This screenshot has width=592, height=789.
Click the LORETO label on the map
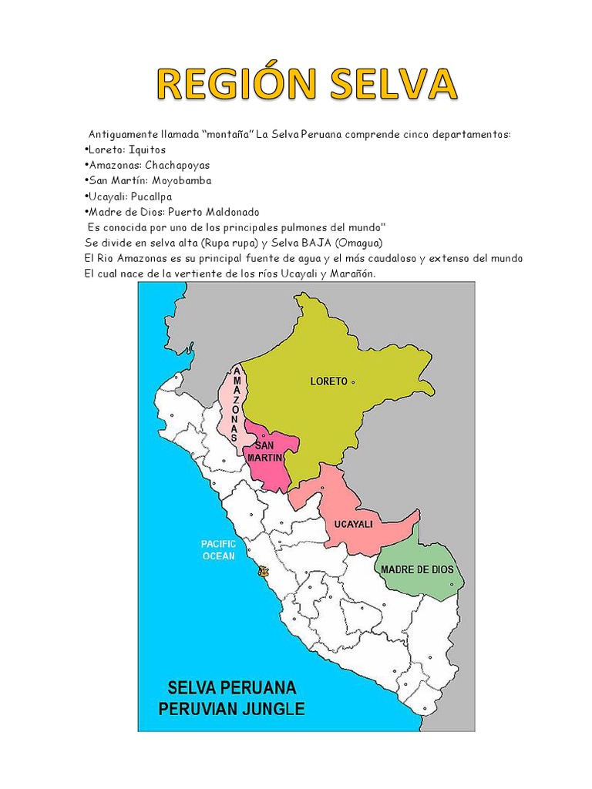328,381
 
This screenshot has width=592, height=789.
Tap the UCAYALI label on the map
353,524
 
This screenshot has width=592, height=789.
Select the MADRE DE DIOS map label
417,569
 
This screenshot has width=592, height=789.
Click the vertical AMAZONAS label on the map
234,405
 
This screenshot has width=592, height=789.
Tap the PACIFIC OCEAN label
219,549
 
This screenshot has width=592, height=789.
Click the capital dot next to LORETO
353,381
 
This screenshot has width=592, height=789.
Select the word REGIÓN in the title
232,84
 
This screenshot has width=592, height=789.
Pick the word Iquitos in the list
146,149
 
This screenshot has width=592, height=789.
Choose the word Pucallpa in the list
156,196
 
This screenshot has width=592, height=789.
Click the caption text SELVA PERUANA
231,687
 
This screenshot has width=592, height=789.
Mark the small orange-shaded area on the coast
264,572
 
